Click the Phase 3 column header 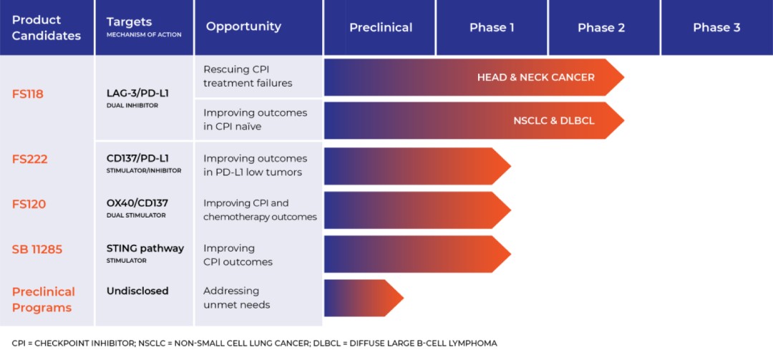716,28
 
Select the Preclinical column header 381,28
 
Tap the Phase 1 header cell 492,28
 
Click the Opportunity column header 243,26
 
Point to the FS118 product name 28,94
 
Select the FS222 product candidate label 29,159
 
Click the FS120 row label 29,204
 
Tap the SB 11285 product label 37,249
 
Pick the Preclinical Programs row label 43,300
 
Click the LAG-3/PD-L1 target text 137,92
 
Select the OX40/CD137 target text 137,203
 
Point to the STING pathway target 145,248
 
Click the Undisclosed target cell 137,291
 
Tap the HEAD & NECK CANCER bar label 535,77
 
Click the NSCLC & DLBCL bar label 553,121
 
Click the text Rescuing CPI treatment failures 248,76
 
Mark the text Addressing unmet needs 236,298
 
